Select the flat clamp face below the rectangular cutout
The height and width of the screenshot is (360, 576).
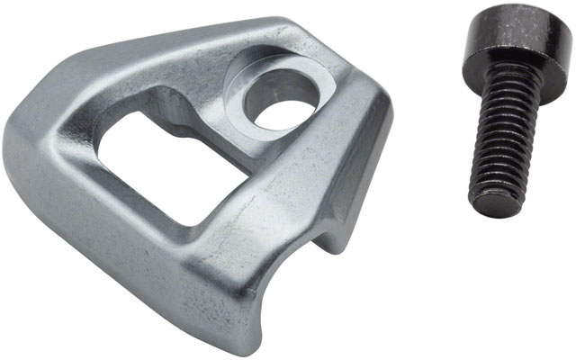click(180, 238)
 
